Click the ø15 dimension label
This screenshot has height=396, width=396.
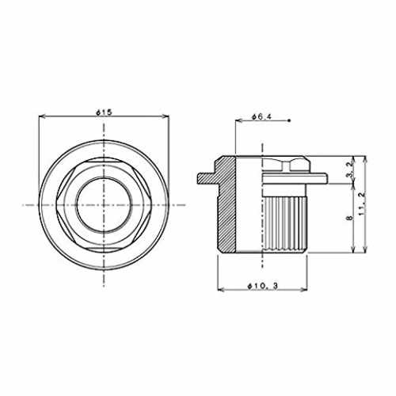104,112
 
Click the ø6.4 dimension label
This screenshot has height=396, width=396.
261,116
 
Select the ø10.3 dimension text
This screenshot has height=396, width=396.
262,286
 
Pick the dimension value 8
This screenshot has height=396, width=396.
350,218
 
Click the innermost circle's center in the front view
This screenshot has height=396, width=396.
104,205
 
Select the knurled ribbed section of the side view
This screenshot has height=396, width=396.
285,224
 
